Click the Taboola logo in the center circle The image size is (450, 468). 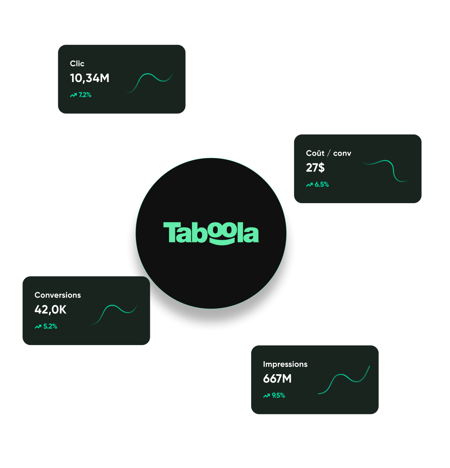point(211,233)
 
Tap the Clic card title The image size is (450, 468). point(77,64)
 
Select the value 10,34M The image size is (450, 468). point(90,78)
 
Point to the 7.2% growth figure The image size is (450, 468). point(85,95)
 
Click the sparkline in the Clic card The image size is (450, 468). point(149,82)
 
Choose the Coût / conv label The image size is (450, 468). point(328,153)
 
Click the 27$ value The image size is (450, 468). point(315,168)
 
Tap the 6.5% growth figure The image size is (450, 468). point(322,185)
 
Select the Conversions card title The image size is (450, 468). point(58,295)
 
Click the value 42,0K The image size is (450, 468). point(50,310)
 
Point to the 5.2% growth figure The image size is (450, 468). point(50,327)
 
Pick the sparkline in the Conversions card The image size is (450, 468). point(114,313)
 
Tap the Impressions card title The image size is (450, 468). point(285,364)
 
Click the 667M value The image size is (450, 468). point(277,379)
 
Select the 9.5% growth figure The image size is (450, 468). point(278,396)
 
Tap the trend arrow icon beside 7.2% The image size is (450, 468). point(73,95)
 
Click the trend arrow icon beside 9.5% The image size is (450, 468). point(266,396)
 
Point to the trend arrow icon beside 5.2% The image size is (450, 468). point(38,327)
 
